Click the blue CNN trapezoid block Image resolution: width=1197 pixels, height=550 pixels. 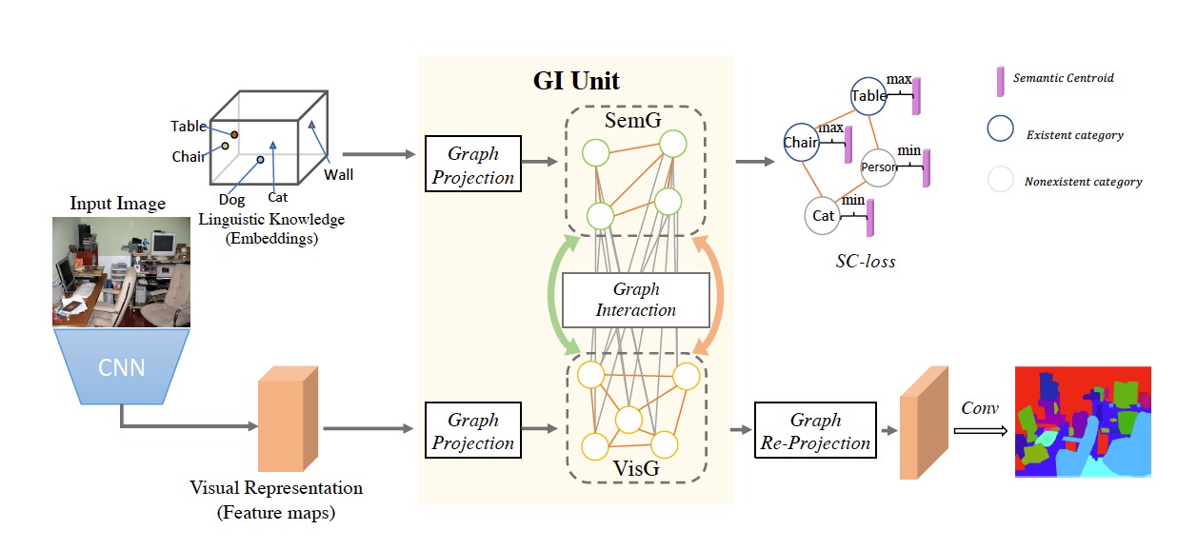121,366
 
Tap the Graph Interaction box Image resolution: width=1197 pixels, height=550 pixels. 635,300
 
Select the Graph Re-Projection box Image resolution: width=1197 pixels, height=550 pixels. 815,431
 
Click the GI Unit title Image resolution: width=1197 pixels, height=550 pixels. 576,81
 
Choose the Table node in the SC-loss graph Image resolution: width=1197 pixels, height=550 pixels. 868,96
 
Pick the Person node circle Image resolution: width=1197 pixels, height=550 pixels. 879,167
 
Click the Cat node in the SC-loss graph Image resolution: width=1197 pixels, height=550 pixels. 824,216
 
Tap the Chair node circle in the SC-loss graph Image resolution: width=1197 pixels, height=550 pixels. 802,143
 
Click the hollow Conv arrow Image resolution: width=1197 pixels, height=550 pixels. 980,430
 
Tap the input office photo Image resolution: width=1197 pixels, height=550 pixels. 121,271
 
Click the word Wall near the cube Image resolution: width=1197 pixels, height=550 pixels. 338,175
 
